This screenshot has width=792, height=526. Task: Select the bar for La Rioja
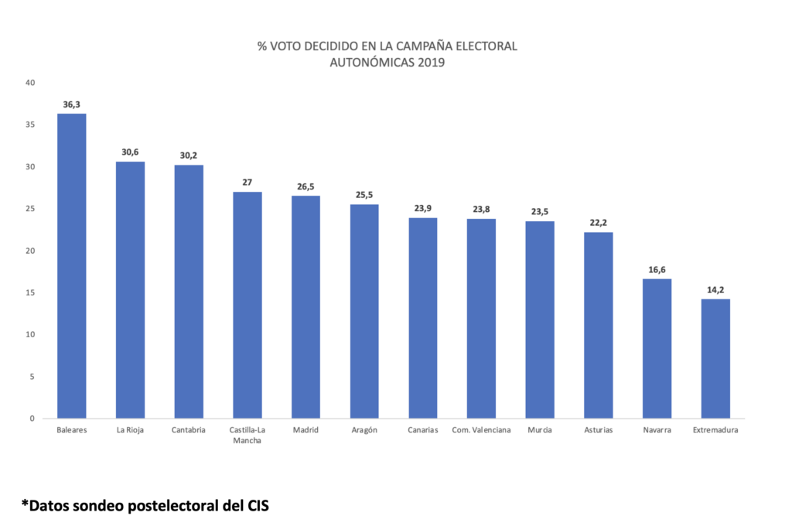(x=130, y=289)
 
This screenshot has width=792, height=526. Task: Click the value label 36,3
(x=71, y=104)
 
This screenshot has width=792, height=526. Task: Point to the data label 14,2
(x=715, y=289)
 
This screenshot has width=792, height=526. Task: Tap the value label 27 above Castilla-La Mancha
(x=247, y=183)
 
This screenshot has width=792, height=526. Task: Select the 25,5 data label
(x=364, y=195)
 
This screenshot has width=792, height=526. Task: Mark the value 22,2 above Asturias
(x=599, y=223)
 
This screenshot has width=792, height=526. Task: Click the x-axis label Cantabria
(x=189, y=431)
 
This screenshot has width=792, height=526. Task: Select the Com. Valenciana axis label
(x=481, y=431)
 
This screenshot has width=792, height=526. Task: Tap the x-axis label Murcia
(x=540, y=431)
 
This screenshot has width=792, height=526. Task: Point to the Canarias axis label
(x=422, y=431)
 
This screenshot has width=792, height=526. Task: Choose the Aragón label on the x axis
(x=364, y=431)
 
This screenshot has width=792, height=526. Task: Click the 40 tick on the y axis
(x=30, y=83)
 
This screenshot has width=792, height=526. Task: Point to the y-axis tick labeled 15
(x=30, y=292)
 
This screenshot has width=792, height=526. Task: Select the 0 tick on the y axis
(x=32, y=418)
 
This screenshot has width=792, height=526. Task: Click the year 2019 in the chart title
(x=429, y=63)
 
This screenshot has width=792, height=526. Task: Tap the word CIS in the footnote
(x=258, y=505)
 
